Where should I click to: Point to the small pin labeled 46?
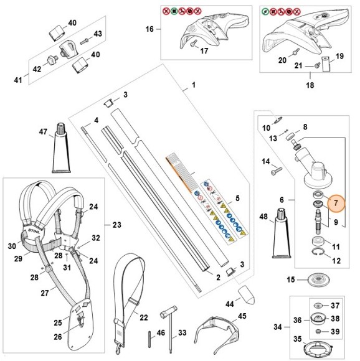[149, 341]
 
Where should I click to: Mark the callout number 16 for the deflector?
[149, 29]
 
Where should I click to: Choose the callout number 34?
[278, 326]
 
